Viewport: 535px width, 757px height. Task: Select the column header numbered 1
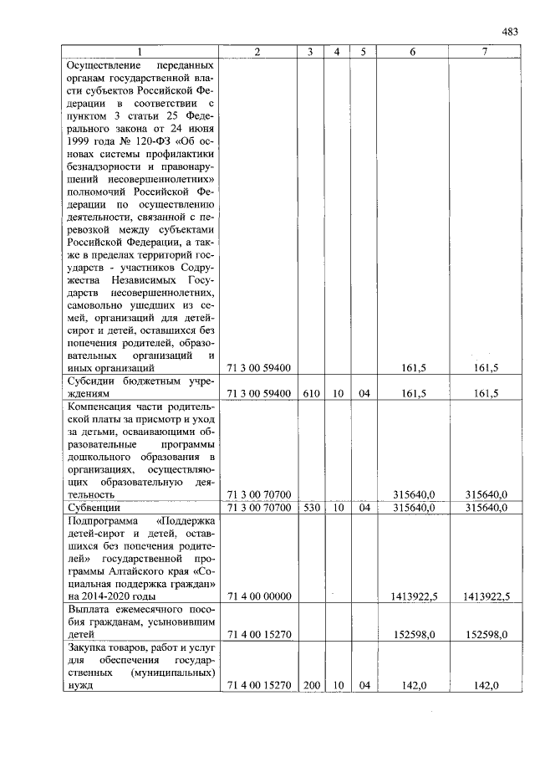140,52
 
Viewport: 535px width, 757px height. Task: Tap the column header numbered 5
364,52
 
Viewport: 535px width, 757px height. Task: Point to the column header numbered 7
485,52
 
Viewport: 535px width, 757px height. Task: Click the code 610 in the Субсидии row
309,393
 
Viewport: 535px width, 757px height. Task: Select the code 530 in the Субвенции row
309,507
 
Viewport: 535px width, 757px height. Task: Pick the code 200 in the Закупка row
309,685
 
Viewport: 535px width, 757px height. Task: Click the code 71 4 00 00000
258,596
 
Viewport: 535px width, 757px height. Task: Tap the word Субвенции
94,507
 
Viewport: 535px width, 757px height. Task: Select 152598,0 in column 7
486,634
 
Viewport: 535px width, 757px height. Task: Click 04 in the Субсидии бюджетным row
364,393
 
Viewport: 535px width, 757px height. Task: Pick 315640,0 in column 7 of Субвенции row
486,507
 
